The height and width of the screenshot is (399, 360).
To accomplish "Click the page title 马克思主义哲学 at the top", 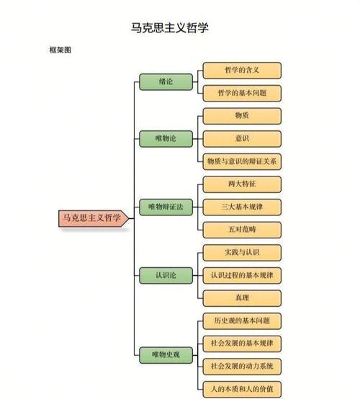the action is point(170,28).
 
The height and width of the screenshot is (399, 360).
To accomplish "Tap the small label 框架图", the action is point(60,50).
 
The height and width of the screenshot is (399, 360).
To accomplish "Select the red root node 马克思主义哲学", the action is point(94,218).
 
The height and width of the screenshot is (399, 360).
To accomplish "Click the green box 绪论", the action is point(166,82).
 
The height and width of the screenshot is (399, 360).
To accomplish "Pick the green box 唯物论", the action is point(166,139).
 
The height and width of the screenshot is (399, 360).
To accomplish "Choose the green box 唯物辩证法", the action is point(166,207).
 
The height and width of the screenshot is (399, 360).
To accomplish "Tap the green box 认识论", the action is point(166,276).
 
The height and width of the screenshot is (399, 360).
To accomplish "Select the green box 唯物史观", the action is point(166,355).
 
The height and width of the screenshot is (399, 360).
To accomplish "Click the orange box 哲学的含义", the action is point(242,71).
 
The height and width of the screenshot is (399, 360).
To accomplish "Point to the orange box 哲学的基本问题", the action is point(242,94).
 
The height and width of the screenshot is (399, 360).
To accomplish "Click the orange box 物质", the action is point(242,116).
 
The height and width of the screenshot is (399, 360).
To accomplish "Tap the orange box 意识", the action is point(242,139).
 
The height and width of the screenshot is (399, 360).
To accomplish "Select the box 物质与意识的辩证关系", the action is point(242,161).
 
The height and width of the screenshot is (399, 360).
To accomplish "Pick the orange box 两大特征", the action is point(242,184).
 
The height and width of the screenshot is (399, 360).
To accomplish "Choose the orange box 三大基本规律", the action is point(242,207).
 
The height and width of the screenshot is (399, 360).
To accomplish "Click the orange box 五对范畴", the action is point(242,230).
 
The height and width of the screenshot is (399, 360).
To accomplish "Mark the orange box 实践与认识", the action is point(242,253).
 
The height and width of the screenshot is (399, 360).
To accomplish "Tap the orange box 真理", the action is point(242,298).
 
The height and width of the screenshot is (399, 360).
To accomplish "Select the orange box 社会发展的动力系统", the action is point(242,367).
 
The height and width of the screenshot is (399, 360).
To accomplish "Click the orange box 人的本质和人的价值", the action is point(242,390).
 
